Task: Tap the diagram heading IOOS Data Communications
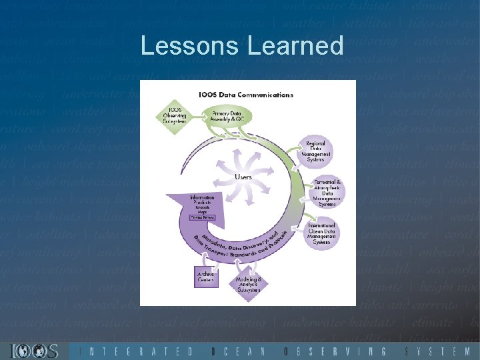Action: [245, 95]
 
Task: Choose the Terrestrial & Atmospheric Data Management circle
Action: [327, 192]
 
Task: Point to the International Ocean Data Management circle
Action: [323, 234]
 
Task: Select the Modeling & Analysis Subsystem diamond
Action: [248, 285]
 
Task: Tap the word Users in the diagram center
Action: [243, 177]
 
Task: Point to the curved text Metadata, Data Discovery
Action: [233, 243]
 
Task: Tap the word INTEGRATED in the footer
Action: [137, 351]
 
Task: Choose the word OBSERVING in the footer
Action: [335, 351]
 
